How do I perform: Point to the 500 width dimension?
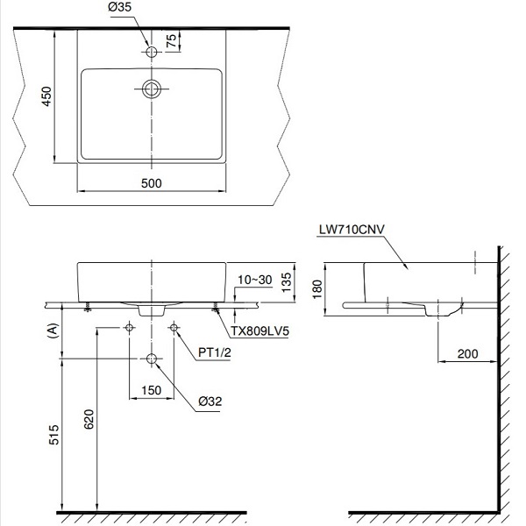[x=152, y=182]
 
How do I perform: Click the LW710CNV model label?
[x=352, y=229]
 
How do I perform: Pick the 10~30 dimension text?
[x=253, y=279]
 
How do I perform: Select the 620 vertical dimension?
[x=88, y=422]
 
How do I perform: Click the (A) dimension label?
[x=53, y=330]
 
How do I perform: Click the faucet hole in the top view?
[x=152, y=53]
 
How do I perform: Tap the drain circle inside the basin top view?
[x=152, y=88]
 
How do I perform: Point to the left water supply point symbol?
[x=130, y=327]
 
